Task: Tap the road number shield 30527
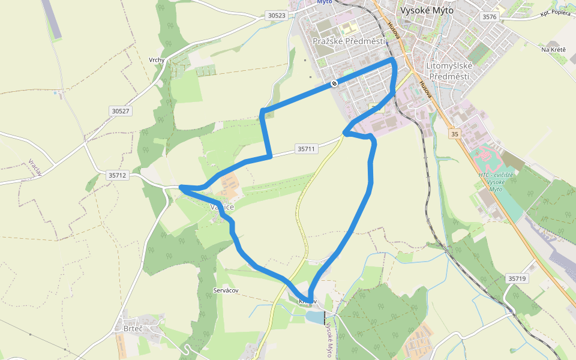coord(120,111)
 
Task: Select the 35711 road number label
coord(305,148)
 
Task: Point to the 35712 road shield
coord(118,175)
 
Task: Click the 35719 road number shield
coord(517,278)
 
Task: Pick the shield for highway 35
coord(454,134)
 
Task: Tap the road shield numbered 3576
coord(489,17)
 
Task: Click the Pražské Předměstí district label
coord(349,41)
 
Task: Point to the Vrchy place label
coord(157,60)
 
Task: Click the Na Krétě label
coord(553,49)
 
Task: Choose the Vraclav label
coord(34,167)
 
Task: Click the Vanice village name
coord(221,206)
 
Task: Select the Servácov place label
coord(226,290)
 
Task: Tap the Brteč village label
coord(133,328)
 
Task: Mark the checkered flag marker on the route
coord(334,83)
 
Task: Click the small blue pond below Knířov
coord(314,316)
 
